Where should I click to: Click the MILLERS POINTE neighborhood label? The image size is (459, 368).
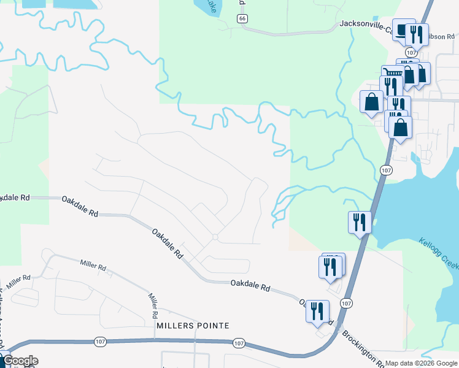[x=193, y=325]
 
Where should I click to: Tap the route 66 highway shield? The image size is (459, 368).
[x=244, y=19]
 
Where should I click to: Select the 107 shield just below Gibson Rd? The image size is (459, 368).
[x=411, y=53]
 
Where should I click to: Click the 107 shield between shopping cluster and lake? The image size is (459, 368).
[x=385, y=170]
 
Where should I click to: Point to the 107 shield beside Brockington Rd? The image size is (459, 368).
[x=347, y=303]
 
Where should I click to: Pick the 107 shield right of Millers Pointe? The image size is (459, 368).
[x=239, y=343]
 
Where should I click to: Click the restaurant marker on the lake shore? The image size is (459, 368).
[x=360, y=221]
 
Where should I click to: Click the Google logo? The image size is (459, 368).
[x=20, y=361]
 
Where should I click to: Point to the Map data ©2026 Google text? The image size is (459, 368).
[x=420, y=363]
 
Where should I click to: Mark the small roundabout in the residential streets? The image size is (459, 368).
[x=215, y=237]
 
